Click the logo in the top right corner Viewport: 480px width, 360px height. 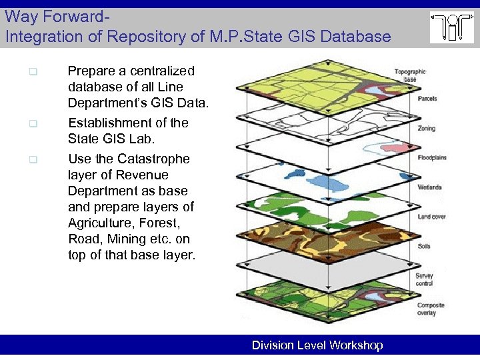(451, 28)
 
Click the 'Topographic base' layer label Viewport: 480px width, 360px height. (409, 75)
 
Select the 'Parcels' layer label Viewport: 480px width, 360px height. (427, 99)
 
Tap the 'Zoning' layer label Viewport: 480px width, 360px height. (426, 128)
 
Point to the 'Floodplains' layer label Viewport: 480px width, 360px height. (431, 158)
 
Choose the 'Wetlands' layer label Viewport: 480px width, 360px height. (429, 187)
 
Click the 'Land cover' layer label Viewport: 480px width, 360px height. (431, 217)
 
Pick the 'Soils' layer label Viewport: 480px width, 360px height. (424, 246)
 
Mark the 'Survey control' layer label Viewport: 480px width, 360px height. (424, 279)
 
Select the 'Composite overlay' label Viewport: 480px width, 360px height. (430, 309)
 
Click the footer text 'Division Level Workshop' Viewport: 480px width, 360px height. (317, 345)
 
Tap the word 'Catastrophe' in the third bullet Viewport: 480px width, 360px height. (153, 159)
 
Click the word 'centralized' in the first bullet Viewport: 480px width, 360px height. (164, 71)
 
